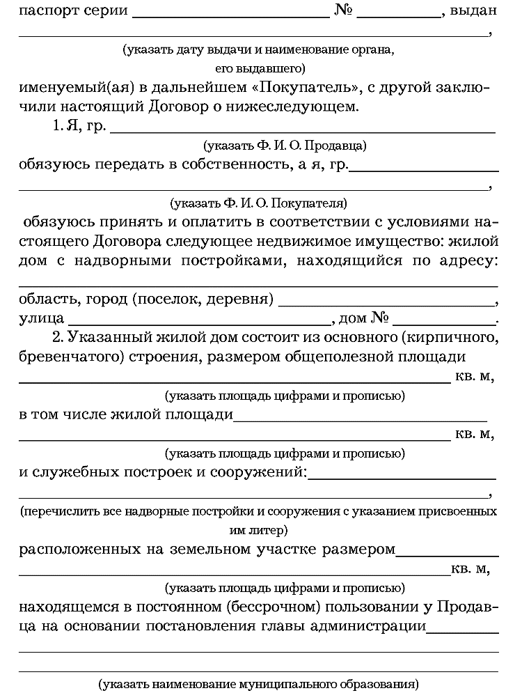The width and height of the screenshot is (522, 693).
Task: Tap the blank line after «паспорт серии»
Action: tap(230, 14)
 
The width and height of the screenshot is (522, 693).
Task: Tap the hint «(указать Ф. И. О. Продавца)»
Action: tap(285, 146)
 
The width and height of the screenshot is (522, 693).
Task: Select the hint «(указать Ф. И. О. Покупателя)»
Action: tap(258, 204)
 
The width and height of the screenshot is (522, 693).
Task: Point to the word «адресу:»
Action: tap(467, 261)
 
